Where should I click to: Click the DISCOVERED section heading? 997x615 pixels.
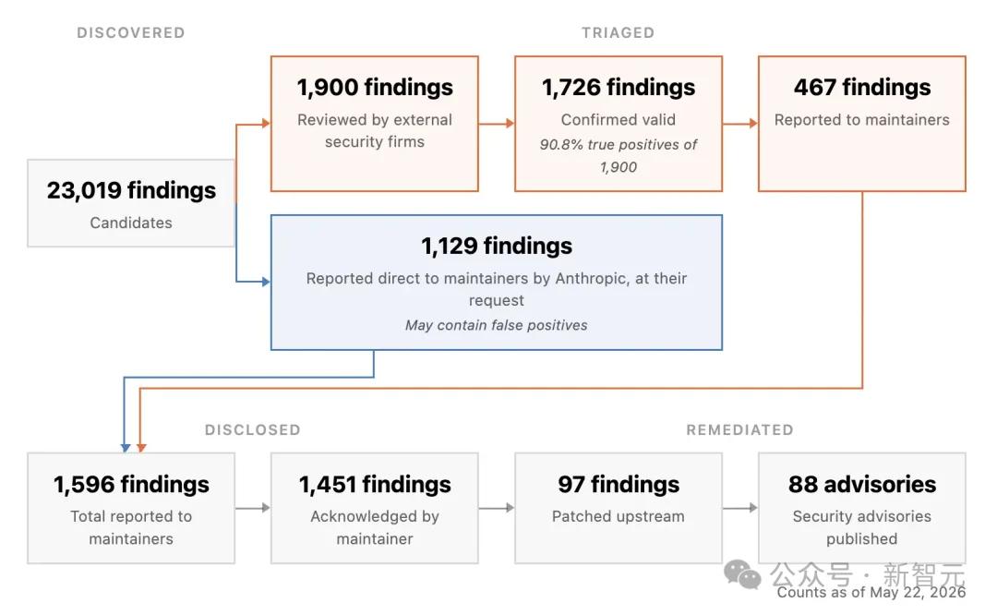131,33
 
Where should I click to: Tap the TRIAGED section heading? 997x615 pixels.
618,33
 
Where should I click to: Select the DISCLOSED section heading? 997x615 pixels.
252,430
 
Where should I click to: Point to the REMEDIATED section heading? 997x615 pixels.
739,430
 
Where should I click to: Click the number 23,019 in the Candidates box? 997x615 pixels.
84,190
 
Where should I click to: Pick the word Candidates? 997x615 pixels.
131,223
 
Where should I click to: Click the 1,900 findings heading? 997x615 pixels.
375,87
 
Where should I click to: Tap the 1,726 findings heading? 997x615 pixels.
618,87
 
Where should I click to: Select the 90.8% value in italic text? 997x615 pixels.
561,145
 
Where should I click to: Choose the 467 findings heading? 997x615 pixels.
862,87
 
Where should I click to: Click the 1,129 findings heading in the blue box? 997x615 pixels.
497,246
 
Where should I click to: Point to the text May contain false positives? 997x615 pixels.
497,325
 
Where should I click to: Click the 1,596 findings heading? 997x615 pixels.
131,485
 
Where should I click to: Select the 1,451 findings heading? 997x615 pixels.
375,485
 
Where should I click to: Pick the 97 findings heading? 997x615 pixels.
618,485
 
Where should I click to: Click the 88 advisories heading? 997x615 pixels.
862,485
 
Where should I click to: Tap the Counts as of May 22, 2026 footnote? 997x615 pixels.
871,593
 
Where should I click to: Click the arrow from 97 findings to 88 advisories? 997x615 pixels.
740,508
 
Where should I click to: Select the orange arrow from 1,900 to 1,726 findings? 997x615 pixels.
497,124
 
